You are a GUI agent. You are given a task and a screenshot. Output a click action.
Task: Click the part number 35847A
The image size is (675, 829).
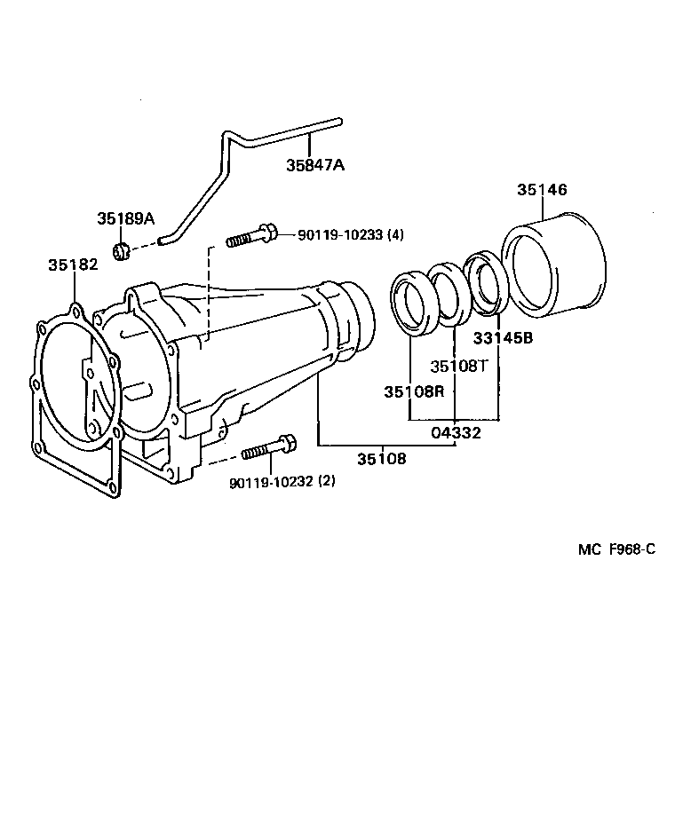(x=314, y=165)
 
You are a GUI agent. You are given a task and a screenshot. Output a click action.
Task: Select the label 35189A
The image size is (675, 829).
(x=125, y=219)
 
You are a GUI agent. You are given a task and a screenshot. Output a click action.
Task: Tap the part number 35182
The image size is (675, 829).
(x=72, y=264)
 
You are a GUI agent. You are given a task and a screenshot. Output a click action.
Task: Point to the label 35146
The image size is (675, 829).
(x=542, y=190)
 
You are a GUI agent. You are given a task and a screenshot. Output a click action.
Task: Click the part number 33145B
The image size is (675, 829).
(x=503, y=337)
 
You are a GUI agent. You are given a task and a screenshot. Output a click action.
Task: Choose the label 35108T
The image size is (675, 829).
(x=459, y=366)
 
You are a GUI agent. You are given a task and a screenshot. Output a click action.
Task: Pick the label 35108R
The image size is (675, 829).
(x=413, y=391)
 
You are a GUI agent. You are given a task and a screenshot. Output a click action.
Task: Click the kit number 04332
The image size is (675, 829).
(x=456, y=433)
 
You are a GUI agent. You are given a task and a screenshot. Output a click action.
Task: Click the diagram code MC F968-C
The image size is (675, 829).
(x=615, y=549)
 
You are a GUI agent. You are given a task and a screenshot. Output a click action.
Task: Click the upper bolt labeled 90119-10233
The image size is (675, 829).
(x=252, y=236)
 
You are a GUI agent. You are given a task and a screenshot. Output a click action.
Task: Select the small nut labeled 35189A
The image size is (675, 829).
(x=123, y=252)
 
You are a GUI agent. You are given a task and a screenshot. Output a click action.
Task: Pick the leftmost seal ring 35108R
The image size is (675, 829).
(x=411, y=304)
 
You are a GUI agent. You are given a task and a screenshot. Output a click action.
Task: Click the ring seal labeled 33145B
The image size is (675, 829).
(x=486, y=284)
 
